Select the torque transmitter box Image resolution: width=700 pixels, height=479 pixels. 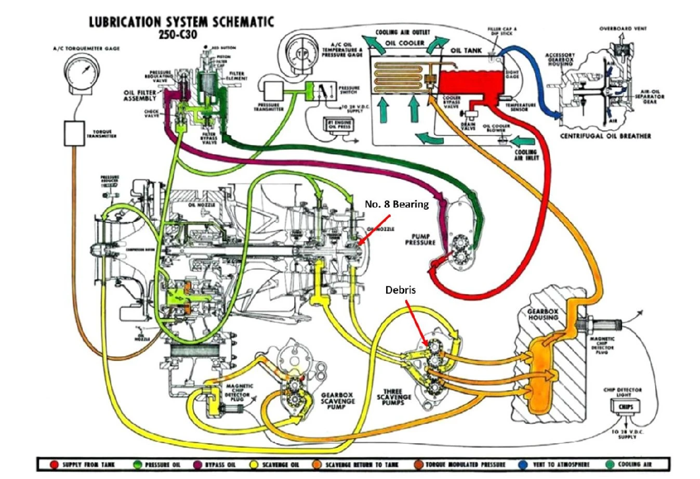[75, 134]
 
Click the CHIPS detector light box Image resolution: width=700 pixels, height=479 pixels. [625, 407]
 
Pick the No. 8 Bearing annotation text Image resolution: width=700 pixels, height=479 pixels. [397, 204]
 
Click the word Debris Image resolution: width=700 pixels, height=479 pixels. [400, 290]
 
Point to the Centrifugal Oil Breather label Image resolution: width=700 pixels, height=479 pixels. [605, 136]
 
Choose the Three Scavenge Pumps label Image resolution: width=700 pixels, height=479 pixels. [397, 397]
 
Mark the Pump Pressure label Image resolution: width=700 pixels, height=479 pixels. [420, 239]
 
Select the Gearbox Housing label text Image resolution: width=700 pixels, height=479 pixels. [543, 314]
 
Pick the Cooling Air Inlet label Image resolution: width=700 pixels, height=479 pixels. [526, 154]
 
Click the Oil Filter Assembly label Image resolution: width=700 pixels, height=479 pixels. [140, 96]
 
